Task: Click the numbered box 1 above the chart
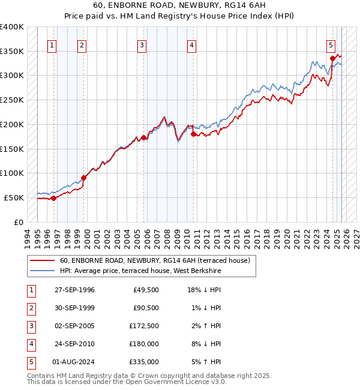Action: [x=52, y=44]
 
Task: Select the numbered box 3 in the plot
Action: [x=142, y=44]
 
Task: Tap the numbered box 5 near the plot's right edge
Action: [x=331, y=44]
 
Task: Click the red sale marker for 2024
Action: [x=332, y=58]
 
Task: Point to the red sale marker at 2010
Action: [x=193, y=134]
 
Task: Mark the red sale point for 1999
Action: [x=84, y=178]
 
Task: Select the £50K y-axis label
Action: [x=14, y=197]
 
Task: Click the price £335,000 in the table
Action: [x=144, y=362]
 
